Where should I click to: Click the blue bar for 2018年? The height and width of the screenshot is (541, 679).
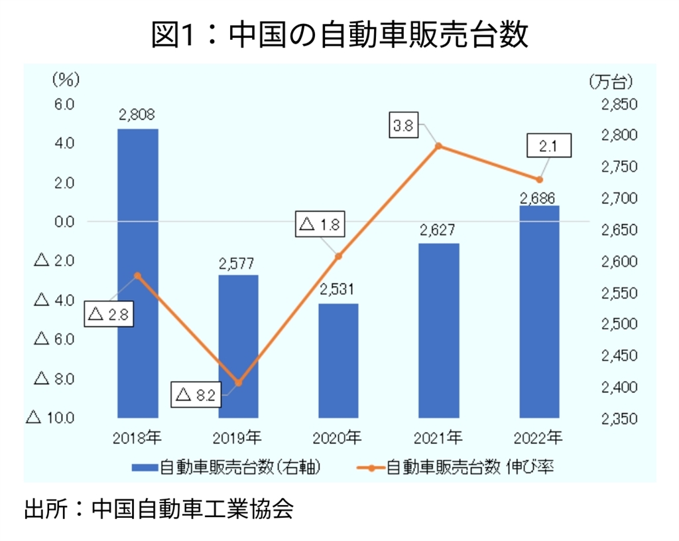click(138, 272)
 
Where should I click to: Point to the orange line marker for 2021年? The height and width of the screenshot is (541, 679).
click(438, 146)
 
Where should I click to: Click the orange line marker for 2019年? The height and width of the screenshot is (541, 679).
click(239, 383)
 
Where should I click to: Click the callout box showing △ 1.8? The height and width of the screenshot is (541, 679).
click(320, 225)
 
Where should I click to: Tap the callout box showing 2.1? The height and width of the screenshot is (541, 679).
click(548, 145)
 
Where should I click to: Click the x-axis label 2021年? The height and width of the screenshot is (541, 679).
click(438, 437)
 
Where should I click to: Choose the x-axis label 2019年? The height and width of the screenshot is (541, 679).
click(238, 437)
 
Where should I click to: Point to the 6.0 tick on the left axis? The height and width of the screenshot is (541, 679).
click(64, 104)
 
